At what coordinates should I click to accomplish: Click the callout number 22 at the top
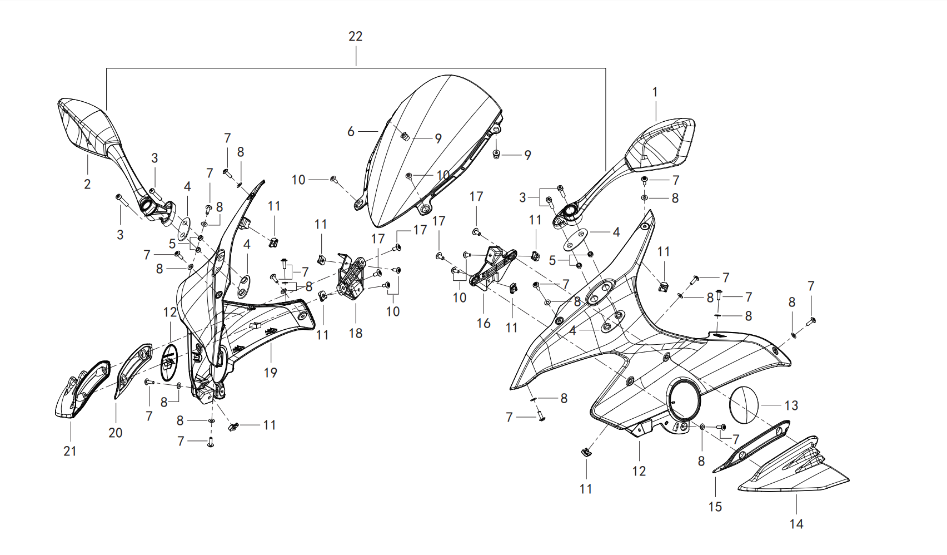point(356,36)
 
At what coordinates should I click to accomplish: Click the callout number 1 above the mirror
point(655,92)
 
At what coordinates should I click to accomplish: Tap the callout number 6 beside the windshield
point(351,132)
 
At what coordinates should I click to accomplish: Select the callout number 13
point(791,405)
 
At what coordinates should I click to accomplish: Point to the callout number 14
point(796,524)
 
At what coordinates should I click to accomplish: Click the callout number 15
point(715,507)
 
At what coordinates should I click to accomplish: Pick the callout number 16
point(483,324)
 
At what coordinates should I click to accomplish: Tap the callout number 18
point(356,333)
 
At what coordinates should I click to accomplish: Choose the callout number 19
point(270,373)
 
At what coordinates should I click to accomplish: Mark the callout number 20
point(115,433)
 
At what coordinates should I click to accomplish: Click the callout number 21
point(70,452)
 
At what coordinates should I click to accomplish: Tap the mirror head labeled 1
point(662,144)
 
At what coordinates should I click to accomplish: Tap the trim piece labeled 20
point(133,370)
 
